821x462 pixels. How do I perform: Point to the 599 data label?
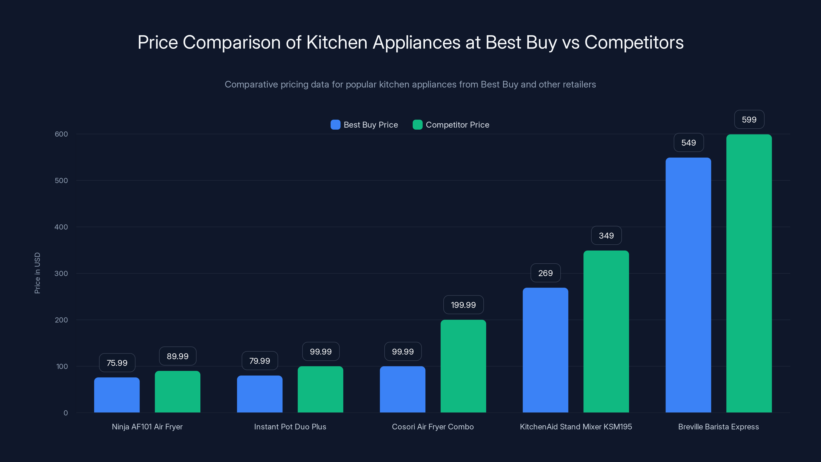749,120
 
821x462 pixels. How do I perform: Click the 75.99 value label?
117,363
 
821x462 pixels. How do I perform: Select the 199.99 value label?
463,305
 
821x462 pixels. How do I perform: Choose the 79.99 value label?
259,361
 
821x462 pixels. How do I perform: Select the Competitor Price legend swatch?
417,125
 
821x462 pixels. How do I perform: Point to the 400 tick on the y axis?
61,227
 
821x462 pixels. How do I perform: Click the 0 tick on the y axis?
66,413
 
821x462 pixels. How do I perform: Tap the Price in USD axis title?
37,273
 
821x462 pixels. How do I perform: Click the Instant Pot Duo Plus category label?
290,427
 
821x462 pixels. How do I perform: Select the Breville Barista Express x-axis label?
718,427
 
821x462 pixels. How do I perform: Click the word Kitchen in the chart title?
337,42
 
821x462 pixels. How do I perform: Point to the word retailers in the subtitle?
576,84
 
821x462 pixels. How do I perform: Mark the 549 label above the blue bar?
688,142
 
